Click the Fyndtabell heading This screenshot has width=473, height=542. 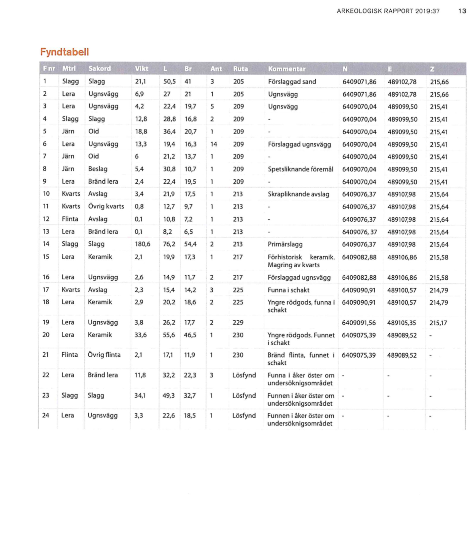pos(64,52)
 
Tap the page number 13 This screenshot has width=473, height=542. pos(462,11)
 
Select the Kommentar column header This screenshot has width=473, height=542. pos(287,69)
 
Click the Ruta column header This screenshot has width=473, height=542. pos(241,69)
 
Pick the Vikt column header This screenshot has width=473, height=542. pos(141,69)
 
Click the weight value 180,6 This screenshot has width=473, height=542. pos(142,244)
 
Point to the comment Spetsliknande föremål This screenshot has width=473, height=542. pos(300,169)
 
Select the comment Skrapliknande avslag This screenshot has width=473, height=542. pos(298,194)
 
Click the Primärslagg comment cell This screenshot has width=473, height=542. pos(285,244)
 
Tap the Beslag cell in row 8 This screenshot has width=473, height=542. pos(98,169)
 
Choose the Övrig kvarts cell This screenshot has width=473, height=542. pos(106,207)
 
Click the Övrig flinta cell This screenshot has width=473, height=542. pos(104,355)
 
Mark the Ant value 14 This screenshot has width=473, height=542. pos(214,144)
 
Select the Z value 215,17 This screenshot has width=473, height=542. pos(438,323)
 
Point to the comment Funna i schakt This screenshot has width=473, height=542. pos(288,290)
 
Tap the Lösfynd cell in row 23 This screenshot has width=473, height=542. pos(244,396)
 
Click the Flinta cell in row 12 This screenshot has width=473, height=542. pos(70,219)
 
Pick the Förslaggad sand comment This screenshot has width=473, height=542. pos(292,82)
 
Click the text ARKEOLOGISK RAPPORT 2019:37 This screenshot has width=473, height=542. pos(388,11)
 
